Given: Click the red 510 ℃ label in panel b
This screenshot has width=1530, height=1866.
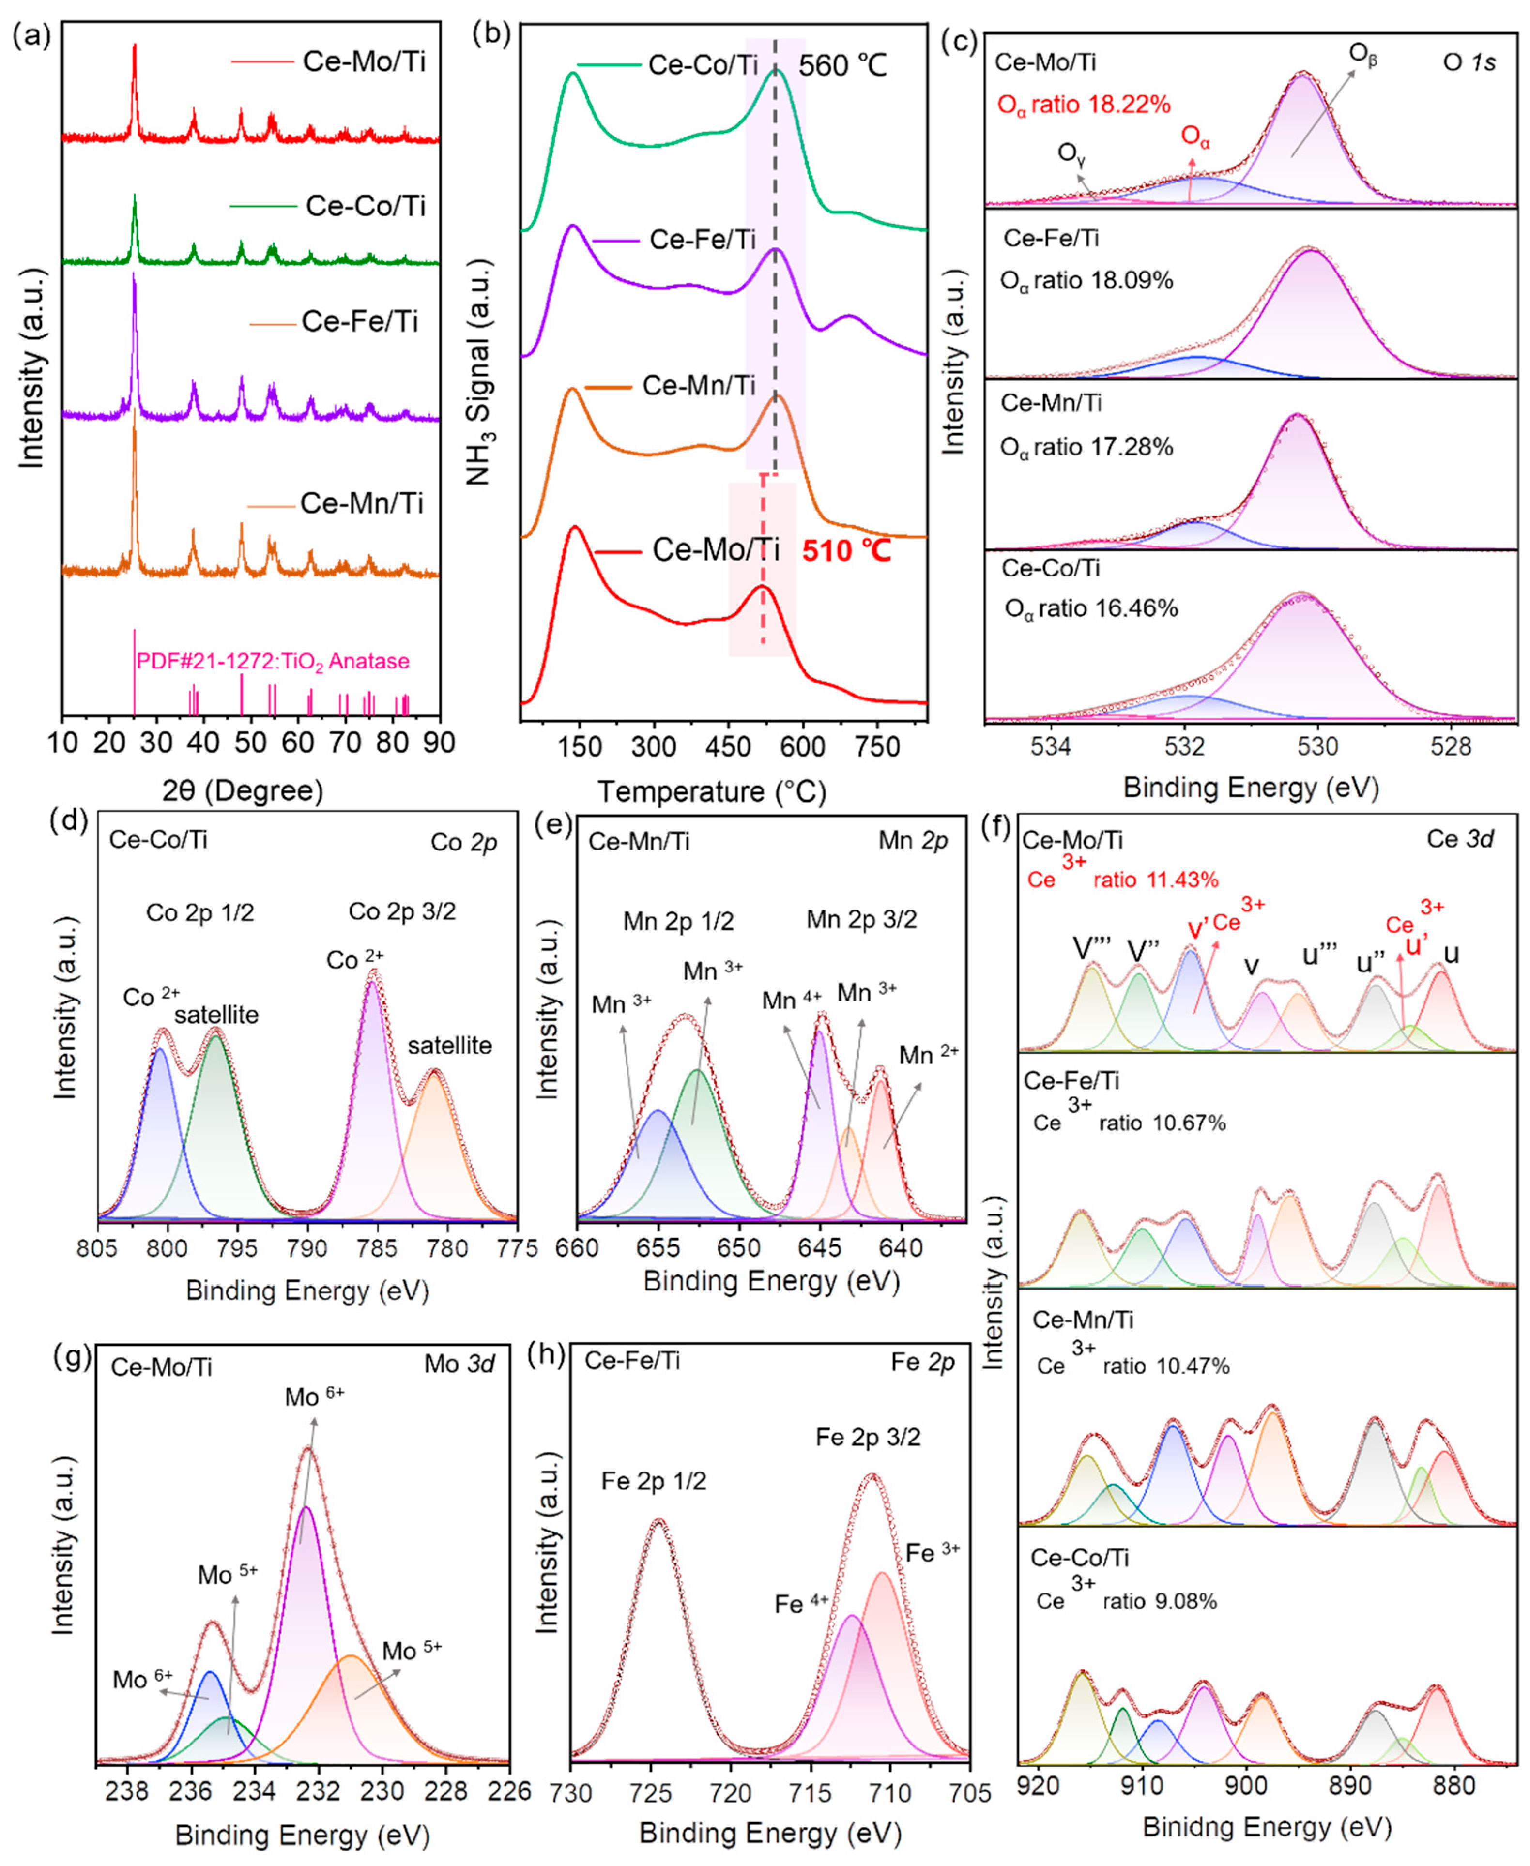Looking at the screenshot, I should click(x=846, y=551).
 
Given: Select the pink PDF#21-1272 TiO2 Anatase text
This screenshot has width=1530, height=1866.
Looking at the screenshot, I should click(x=272, y=661).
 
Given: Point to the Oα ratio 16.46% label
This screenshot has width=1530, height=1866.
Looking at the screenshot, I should click(x=1091, y=608).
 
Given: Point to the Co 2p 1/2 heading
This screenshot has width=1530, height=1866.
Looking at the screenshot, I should click(x=200, y=913).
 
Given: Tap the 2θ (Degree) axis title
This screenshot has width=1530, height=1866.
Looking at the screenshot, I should click(x=243, y=790).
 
